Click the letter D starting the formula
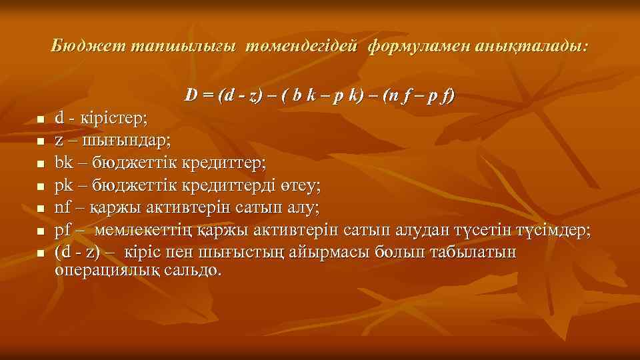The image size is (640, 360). pos(191,96)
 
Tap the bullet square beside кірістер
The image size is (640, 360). pos(41,120)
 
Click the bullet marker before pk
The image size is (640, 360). pos(41,187)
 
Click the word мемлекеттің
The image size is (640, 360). pos(135,231)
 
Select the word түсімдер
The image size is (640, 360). pos(551,231)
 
